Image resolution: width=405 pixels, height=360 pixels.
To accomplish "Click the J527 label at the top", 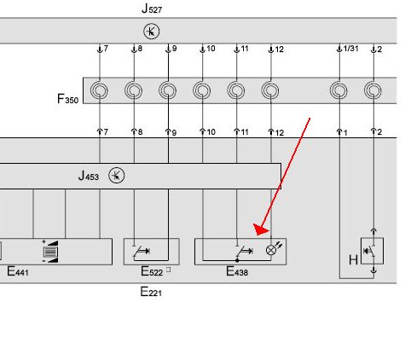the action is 152,9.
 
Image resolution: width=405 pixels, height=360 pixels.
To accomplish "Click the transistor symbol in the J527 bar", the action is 152,32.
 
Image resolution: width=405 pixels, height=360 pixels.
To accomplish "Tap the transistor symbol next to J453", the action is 117,176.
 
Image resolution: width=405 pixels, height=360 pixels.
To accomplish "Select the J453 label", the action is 89,176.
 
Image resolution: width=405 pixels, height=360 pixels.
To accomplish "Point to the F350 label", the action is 67,99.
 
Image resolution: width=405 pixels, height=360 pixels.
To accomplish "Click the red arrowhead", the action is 261,229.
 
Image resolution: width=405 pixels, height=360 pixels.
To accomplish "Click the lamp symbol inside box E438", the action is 271,250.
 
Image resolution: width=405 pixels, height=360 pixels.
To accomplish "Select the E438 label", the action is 237,271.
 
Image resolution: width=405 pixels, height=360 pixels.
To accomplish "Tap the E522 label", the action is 152,271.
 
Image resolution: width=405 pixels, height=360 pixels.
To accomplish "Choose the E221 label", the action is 151,292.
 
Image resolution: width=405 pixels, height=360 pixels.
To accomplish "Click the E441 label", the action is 18,271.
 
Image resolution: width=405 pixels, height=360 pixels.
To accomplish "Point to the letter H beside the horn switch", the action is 353,260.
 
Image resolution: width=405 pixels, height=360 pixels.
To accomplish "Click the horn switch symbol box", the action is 372,251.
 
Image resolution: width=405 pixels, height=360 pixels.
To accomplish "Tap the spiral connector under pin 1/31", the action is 338,90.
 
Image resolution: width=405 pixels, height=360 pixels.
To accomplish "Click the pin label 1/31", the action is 350,49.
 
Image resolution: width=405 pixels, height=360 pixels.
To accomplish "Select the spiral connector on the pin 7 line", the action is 99,90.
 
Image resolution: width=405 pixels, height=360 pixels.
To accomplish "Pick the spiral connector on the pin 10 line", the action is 202,90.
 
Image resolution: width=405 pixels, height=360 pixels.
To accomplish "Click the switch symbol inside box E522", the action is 142,252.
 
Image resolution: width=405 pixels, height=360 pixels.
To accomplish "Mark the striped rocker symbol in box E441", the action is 50,252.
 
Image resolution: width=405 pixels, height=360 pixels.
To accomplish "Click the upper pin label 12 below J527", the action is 279,49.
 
